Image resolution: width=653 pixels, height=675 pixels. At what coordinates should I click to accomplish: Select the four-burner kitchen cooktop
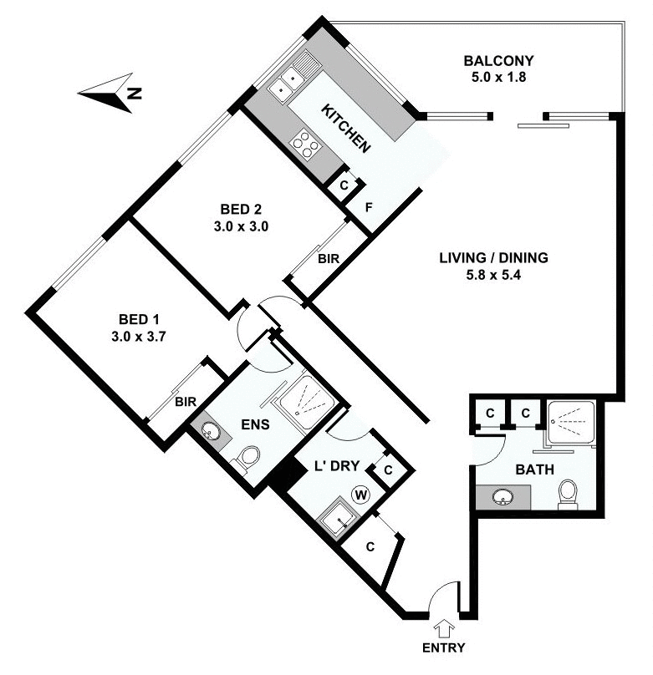tap(305, 145)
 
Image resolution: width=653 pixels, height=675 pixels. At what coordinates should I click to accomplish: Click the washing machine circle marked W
tap(361, 495)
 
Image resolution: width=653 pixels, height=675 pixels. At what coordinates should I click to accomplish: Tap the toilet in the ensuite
tap(247, 459)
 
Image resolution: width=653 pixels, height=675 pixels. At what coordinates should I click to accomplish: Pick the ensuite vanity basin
tap(210, 432)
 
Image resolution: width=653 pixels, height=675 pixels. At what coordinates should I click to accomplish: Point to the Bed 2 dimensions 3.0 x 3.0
tap(244, 225)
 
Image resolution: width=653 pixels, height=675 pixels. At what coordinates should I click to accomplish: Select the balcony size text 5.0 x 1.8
tap(498, 78)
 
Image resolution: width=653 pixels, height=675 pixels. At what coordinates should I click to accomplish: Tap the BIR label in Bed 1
tap(186, 402)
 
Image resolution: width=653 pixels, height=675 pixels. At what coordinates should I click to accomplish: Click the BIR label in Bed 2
tap(329, 259)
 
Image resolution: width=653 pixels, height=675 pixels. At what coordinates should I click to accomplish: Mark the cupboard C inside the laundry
tap(388, 470)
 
